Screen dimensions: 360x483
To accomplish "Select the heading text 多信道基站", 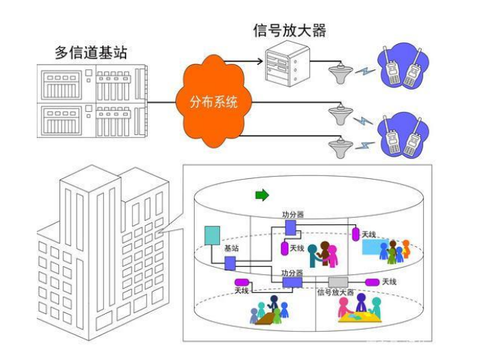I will point(92,52).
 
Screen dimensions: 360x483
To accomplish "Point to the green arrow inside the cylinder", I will point(262,195).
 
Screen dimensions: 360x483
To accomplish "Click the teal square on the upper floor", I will point(212,235).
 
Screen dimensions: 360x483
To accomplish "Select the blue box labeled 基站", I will point(230,263).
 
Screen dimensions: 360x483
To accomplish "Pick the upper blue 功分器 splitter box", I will point(291,227).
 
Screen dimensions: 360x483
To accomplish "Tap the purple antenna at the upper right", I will point(355,234).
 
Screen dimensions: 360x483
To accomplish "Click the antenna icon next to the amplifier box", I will point(337,74).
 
